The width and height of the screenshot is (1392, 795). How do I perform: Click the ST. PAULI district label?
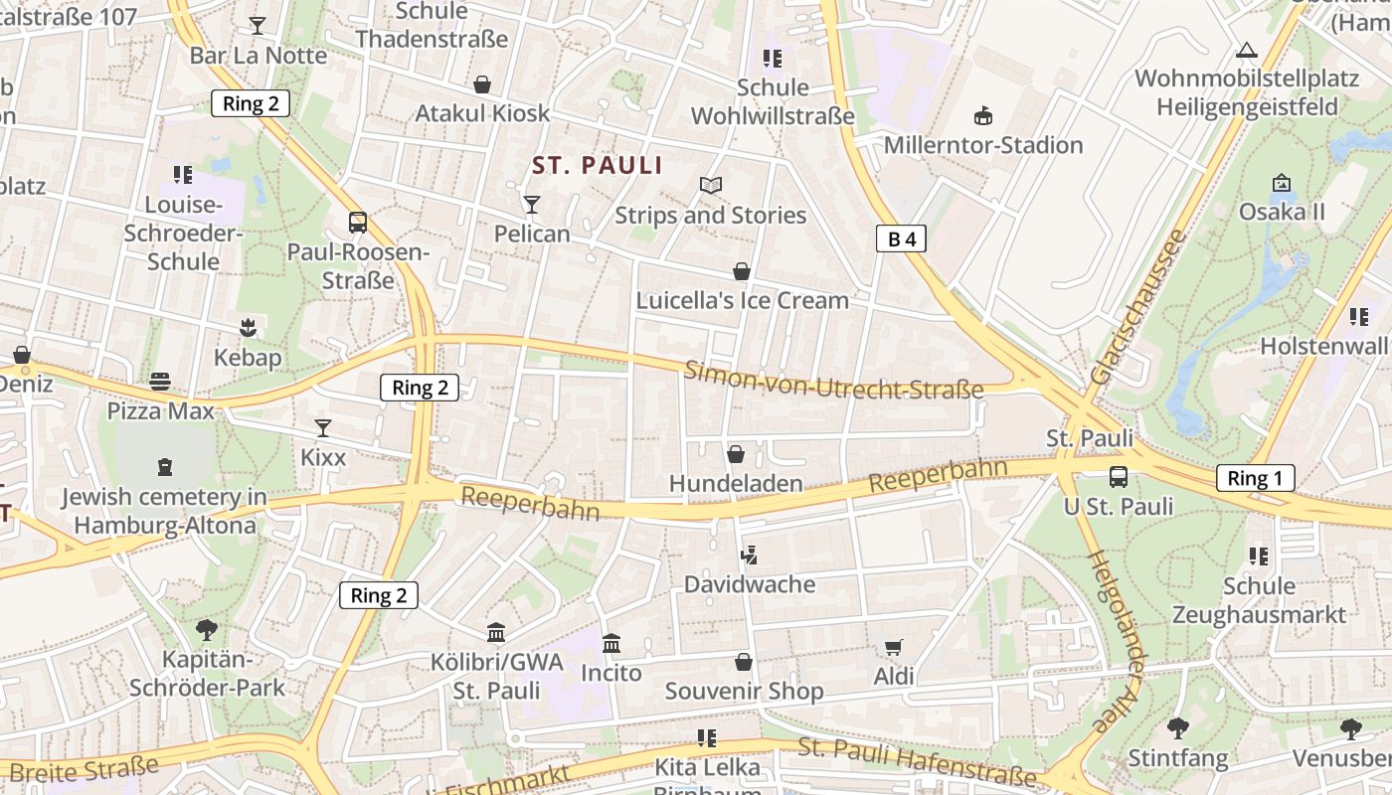point(597,165)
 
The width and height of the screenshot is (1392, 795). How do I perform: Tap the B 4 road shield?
point(901,238)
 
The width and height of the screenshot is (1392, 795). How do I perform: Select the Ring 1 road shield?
point(1255,478)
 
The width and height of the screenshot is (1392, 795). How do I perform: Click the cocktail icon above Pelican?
point(532,205)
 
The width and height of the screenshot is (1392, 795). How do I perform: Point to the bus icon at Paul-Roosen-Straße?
point(358,223)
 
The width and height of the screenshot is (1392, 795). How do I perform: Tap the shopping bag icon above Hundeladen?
point(736,454)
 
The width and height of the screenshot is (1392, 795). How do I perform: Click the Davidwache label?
point(749,584)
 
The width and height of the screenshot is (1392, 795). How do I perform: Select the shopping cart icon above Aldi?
point(893,648)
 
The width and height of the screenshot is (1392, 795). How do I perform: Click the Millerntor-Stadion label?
point(982,145)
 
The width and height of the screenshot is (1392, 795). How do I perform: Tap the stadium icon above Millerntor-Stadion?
point(983,116)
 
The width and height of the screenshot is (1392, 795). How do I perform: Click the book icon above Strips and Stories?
point(710,186)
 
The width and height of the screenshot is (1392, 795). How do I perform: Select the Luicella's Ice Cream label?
point(742,300)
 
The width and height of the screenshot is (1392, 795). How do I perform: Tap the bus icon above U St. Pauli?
point(1119,477)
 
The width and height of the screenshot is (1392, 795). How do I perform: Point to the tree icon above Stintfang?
point(1177,728)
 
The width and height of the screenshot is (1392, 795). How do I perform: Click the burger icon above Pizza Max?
point(160,382)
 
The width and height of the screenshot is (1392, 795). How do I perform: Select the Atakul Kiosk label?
point(482,113)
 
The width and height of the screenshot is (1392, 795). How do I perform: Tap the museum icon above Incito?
point(611,643)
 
